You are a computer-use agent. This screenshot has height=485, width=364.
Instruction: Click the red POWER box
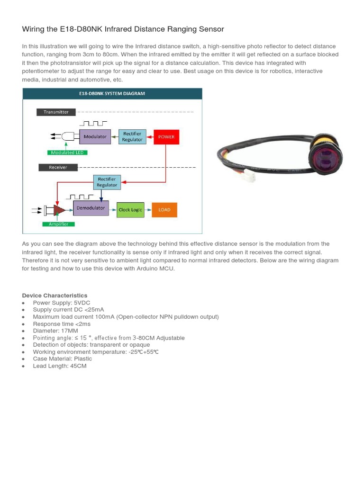point(166,137)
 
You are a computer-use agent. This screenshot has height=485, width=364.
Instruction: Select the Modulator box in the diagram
point(95,137)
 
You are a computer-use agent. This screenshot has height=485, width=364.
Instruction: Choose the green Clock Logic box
point(130,210)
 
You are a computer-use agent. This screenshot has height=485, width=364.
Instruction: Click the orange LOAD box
point(164,210)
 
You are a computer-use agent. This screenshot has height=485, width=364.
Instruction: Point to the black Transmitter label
point(56,112)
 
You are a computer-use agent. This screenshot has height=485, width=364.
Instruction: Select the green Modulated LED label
point(68,153)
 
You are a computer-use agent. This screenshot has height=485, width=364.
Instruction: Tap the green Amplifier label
point(59,224)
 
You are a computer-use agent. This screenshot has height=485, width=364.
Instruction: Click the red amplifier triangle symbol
point(59,209)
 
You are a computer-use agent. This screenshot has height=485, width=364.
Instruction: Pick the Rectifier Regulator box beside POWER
point(132,137)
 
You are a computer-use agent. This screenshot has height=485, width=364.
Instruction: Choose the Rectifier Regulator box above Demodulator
point(107,182)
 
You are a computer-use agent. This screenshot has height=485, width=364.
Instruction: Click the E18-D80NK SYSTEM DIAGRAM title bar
point(112,93)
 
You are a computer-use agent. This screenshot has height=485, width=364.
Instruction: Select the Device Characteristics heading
point(55,296)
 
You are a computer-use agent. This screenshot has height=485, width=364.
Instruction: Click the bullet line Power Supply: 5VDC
point(62,303)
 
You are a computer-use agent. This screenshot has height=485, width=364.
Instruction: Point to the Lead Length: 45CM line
point(60,366)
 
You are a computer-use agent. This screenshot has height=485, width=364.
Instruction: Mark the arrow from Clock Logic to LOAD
point(148,210)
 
